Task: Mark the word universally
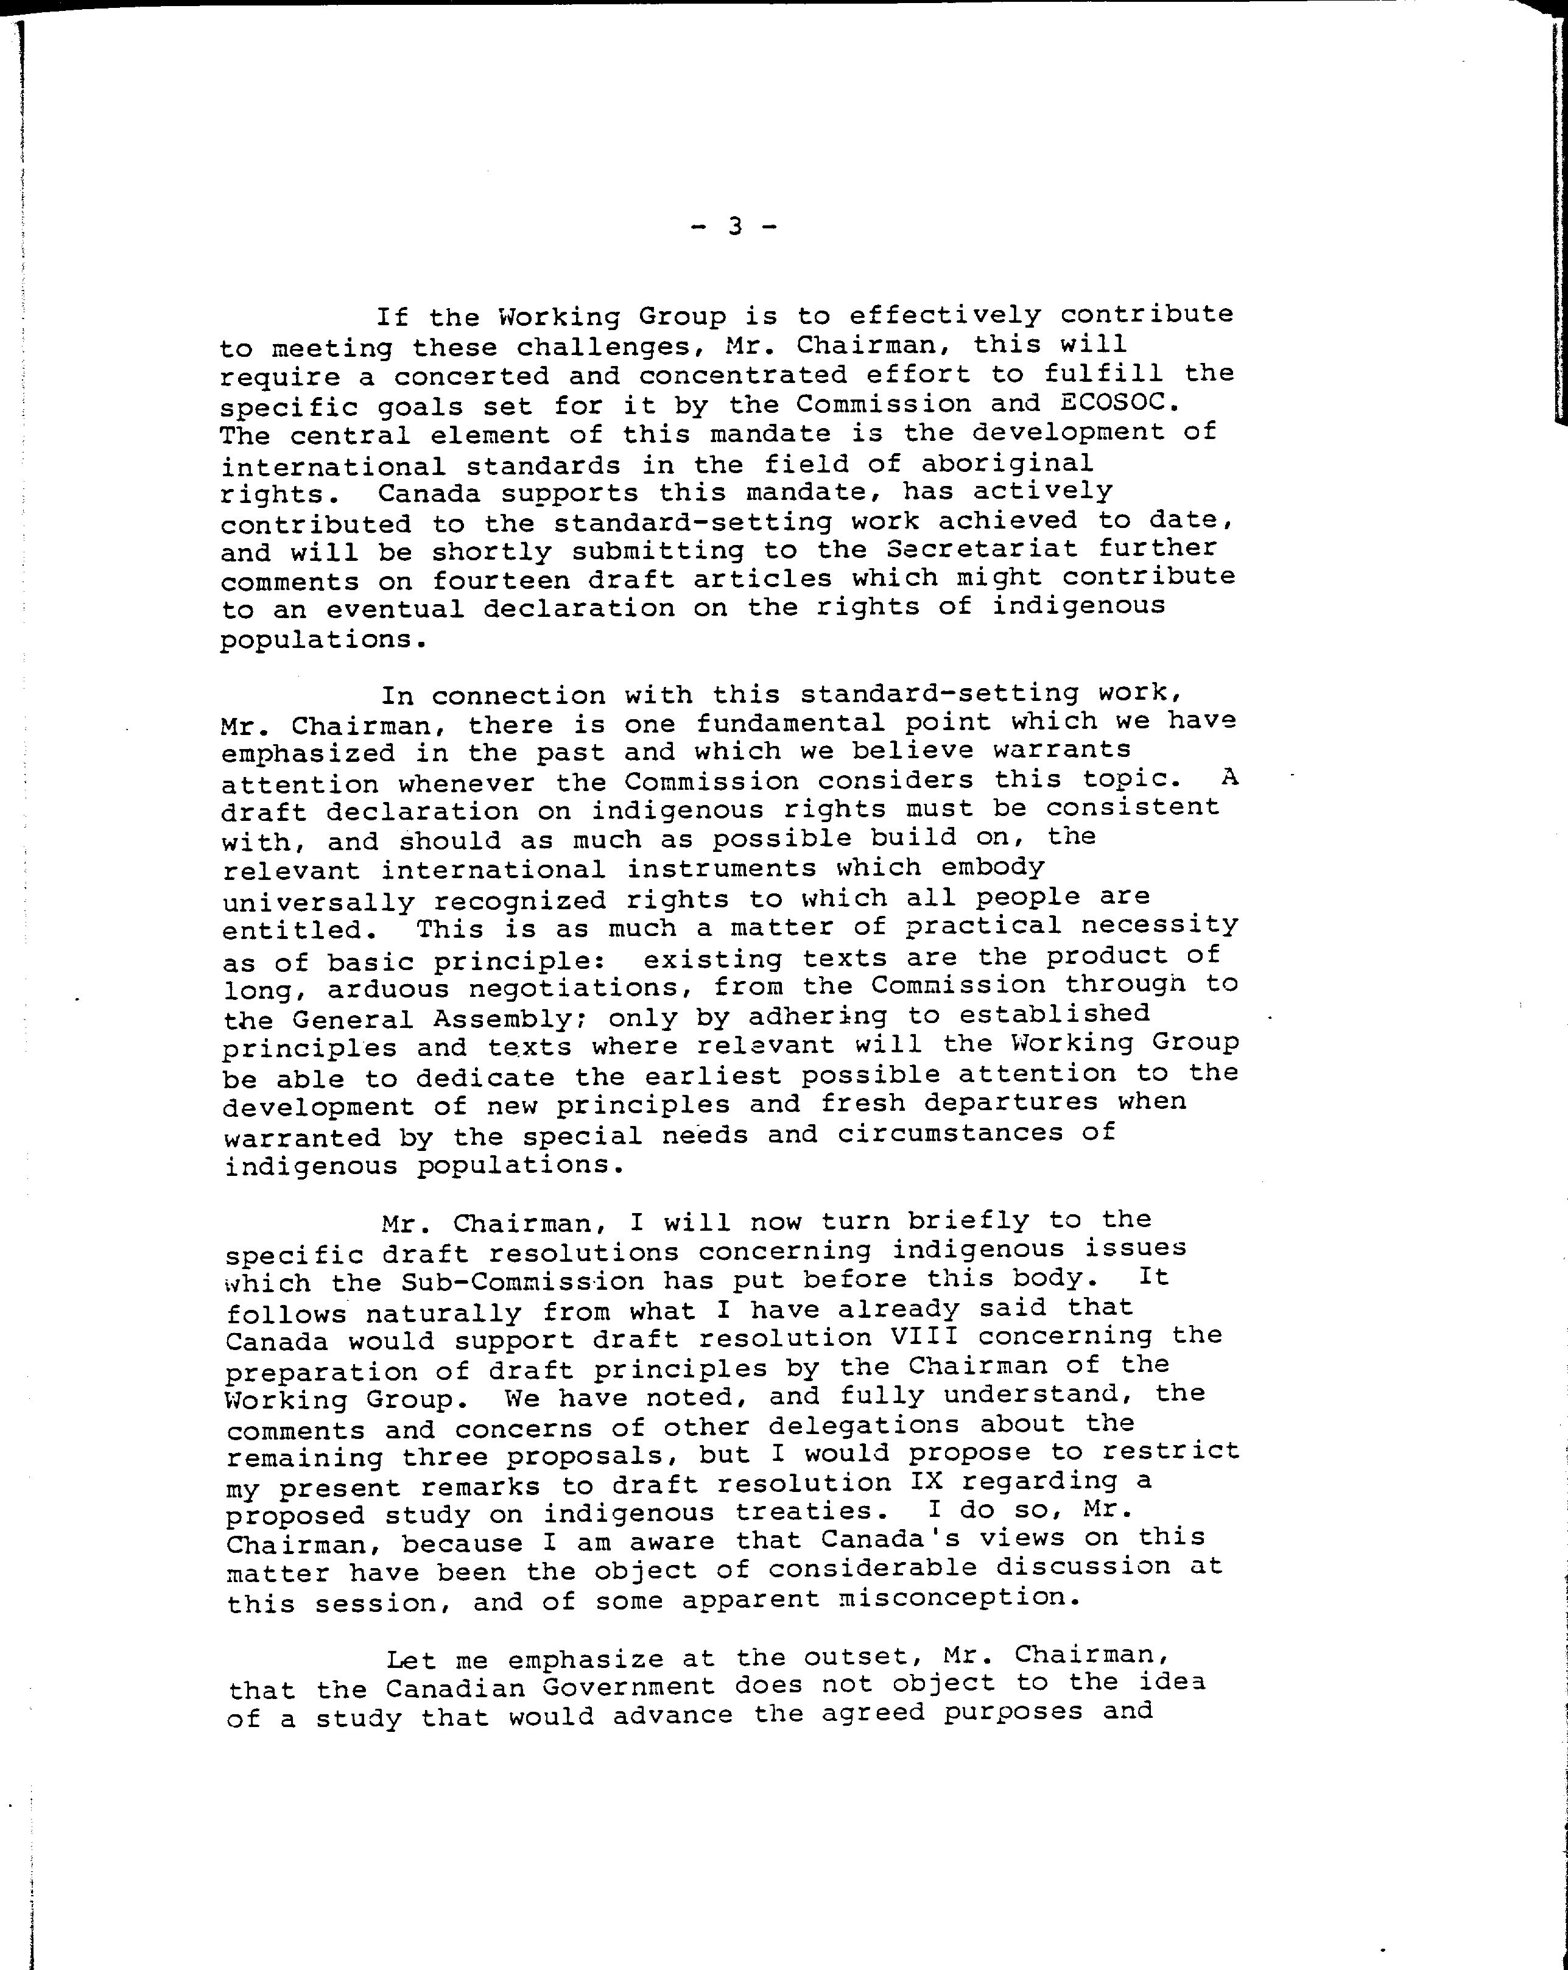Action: coord(318,902)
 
